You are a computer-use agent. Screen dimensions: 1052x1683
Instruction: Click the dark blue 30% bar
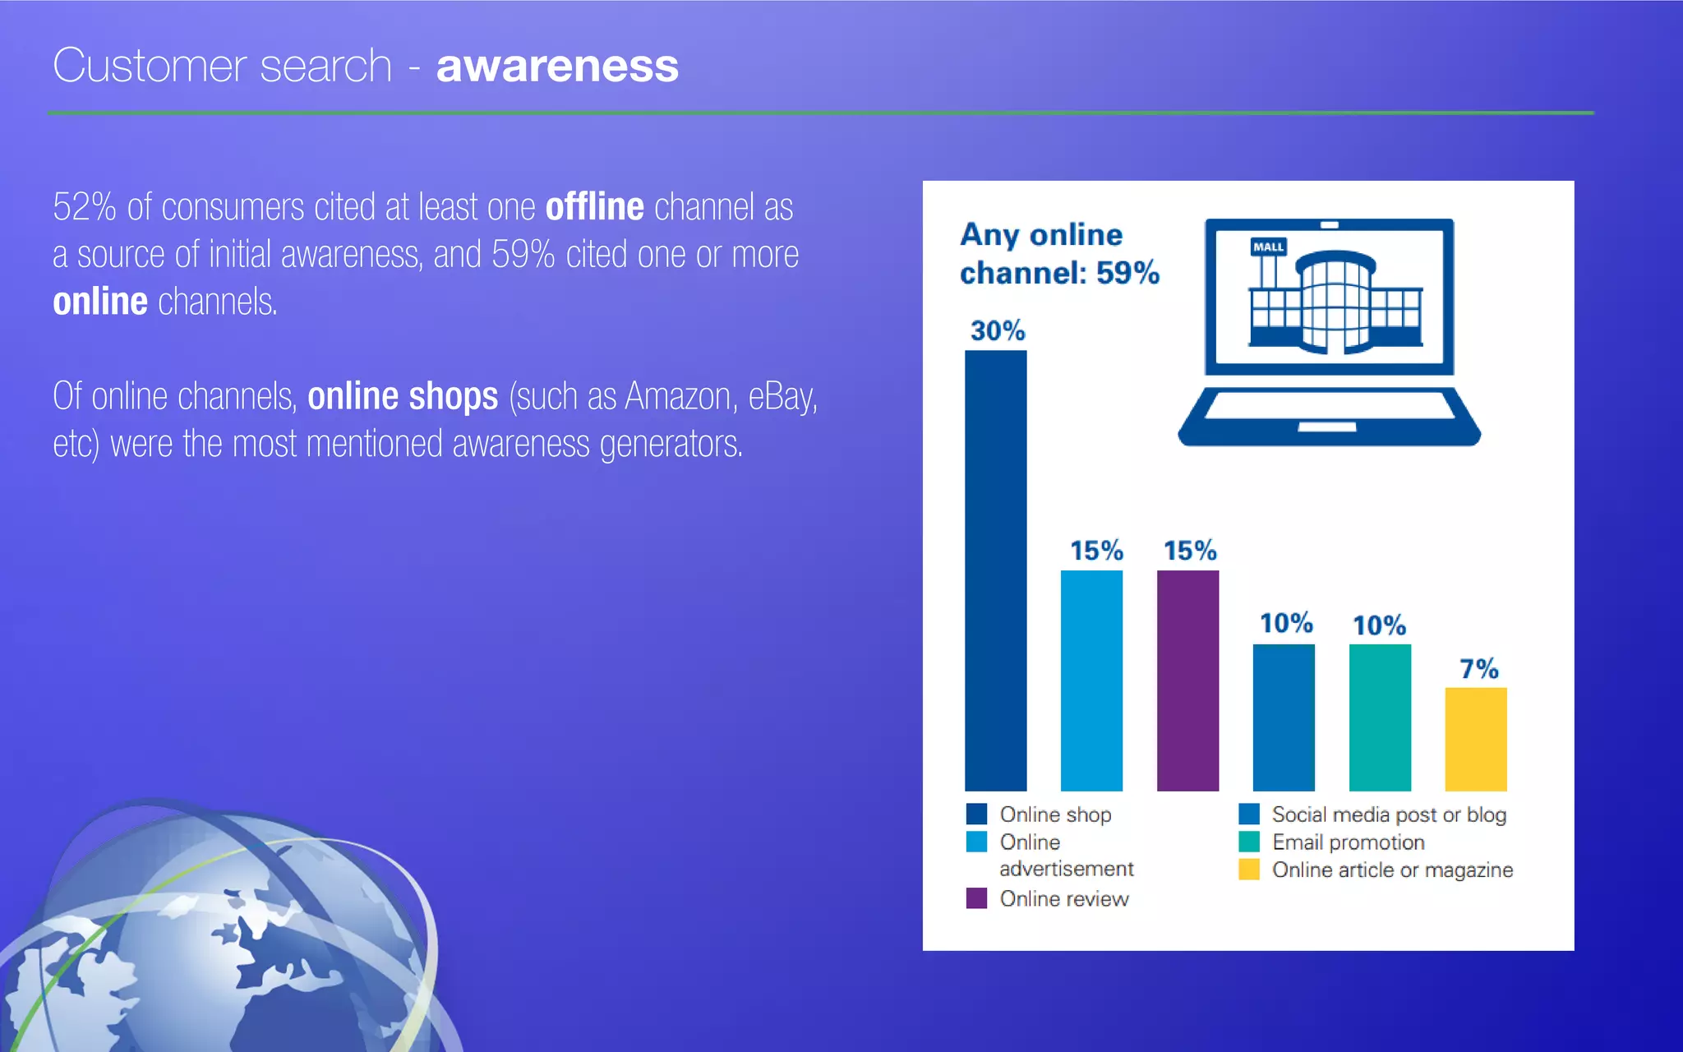995,570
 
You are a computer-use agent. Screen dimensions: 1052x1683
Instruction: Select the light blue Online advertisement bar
1091,681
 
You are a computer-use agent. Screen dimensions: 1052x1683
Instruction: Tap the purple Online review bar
1187,681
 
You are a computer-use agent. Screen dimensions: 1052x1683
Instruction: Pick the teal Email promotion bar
1380,717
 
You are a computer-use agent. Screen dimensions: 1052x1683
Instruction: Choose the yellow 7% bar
1476,739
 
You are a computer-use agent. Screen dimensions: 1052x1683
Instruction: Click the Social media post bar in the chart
1284,717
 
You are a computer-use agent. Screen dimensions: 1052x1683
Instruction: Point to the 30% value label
998,330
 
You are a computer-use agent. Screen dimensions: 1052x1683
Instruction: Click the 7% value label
1478,668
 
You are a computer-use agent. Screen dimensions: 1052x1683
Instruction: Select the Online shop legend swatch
976,814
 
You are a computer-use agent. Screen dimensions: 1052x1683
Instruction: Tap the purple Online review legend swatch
976,897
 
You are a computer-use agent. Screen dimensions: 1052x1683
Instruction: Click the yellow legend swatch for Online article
1249,870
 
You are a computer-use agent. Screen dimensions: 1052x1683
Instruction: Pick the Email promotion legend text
1348,842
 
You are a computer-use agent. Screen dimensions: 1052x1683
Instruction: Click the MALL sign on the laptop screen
1268,247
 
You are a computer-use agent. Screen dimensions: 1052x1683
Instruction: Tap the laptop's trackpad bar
1326,427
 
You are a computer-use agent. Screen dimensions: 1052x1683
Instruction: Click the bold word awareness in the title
557,66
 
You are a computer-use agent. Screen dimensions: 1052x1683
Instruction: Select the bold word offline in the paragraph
594,207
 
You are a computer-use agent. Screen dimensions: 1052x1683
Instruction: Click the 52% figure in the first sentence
84,207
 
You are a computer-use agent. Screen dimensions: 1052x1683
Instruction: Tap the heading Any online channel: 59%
1058,253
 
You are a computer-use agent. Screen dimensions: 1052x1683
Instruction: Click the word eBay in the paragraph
781,397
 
